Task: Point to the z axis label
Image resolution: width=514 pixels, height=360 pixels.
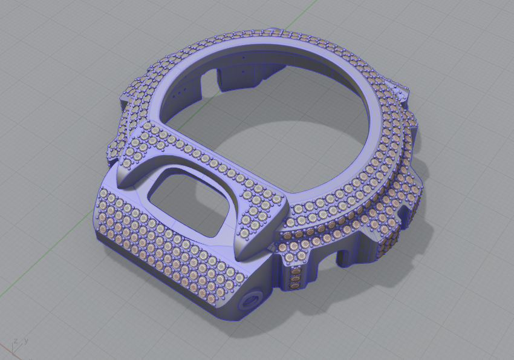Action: click(15, 340)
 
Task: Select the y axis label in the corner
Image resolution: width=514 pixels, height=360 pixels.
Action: click(26, 340)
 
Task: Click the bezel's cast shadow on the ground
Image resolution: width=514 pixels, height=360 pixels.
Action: click(423, 242)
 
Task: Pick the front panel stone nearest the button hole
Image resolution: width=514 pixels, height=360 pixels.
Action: click(238, 279)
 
